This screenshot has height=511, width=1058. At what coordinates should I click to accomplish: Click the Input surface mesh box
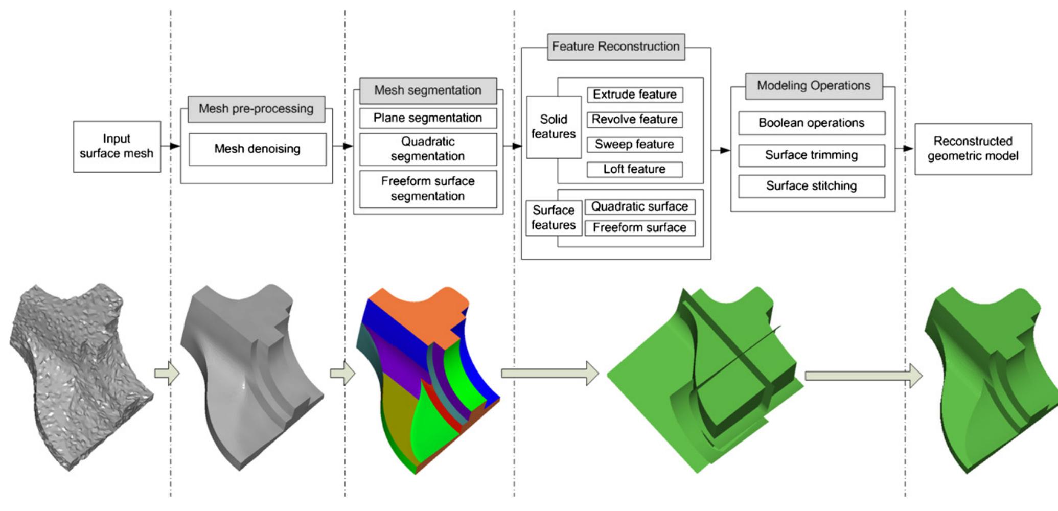coord(117,147)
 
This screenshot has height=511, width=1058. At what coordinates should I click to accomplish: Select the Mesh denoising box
coord(257,149)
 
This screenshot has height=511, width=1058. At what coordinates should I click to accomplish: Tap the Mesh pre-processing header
coord(256,109)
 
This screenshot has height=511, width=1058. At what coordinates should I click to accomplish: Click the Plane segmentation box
coord(428,118)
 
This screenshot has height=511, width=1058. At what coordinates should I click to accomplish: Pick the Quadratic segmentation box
coord(428,149)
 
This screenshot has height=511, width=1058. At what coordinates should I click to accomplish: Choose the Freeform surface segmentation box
coord(428,189)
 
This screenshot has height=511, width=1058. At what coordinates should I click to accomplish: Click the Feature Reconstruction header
coord(615,47)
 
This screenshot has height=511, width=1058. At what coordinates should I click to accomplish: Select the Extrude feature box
coord(634,95)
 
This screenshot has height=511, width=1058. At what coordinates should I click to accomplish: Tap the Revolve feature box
coord(634,120)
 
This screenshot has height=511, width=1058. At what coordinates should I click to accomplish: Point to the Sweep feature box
coord(634,145)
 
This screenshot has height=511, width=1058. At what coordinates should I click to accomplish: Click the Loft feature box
coord(634,169)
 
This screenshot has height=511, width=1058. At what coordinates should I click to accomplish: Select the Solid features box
coord(554,127)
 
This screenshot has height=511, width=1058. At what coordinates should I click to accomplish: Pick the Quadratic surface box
coord(639,207)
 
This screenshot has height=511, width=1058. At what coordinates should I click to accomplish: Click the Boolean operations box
coord(811,123)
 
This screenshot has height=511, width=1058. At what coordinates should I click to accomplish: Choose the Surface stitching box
coord(811,186)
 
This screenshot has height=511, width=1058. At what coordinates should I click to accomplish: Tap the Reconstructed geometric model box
coord(973,149)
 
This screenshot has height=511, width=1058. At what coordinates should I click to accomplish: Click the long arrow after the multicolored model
coord(549,374)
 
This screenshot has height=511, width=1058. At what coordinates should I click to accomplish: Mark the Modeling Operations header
coord(813,86)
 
